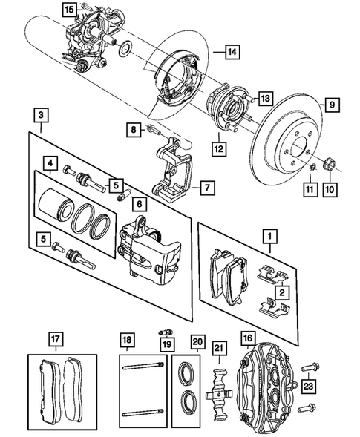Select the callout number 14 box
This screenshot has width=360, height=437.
232,52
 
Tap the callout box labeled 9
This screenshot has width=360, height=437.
332,105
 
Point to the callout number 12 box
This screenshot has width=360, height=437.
218,147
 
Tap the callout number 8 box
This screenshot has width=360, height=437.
133,130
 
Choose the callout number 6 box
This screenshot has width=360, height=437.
140,202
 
